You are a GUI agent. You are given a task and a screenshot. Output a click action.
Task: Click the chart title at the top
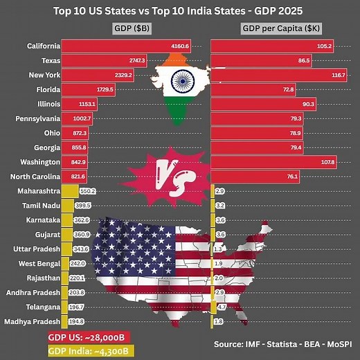point(180,12)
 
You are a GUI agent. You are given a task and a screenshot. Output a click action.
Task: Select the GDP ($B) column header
point(134,28)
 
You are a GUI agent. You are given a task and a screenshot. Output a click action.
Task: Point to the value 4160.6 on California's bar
point(181,46)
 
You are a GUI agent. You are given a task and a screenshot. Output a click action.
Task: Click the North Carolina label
point(33,176)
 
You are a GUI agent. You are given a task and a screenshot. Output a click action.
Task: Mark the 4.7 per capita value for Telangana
point(222,307)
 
